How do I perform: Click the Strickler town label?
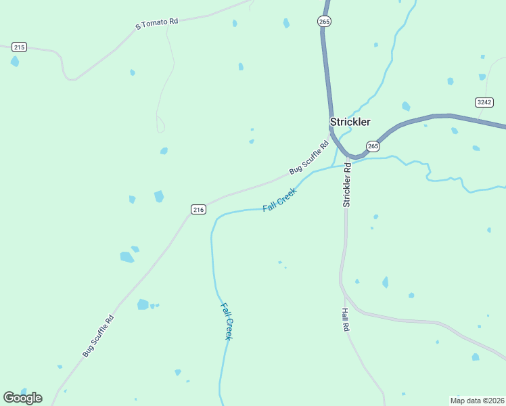point(350,122)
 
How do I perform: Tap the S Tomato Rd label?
point(156,23)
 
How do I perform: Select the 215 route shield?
point(19,47)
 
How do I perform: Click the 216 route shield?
point(198,210)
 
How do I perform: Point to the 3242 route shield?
point(484,102)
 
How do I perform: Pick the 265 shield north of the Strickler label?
point(324,22)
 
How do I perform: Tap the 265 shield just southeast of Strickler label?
point(373,146)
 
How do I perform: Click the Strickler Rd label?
point(347,184)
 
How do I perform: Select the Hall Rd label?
point(345,319)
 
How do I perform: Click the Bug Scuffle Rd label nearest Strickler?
point(308,157)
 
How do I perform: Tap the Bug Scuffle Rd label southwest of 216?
point(98,336)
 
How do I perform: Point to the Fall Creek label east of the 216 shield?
point(279,199)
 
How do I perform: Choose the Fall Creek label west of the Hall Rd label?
point(227,321)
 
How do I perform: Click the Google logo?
point(22,398)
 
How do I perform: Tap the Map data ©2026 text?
point(477,401)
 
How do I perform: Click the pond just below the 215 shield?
point(14,62)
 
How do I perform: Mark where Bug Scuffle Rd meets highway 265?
point(332,135)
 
